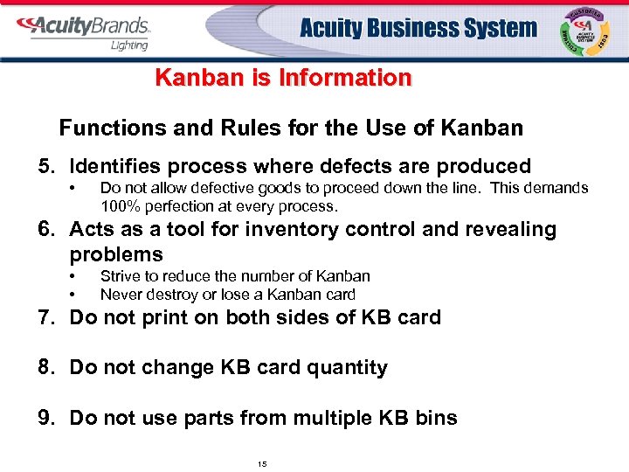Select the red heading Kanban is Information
pos(282,78)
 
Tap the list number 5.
pos(44,166)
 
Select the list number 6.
pos(45,230)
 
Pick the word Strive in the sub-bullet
pos(119,276)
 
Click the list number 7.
pos(45,317)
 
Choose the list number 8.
pos(45,367)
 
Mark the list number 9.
pos(45,418)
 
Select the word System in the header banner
pos(490,28)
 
